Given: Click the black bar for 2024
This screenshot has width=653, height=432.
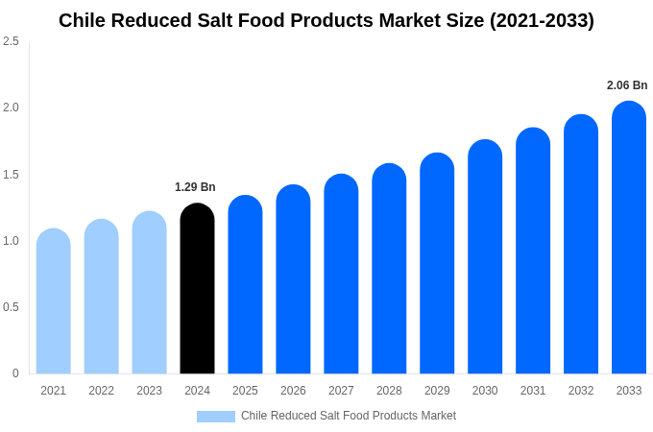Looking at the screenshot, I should click(x=197, y=289).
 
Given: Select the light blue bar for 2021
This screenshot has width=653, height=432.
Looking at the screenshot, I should click(x=54, y=301).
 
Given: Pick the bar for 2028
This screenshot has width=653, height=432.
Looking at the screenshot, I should click(x=389, y=269).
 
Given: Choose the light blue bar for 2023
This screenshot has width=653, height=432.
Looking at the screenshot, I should click(x=149, y=293).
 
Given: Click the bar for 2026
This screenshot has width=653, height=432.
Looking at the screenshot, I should click(x=293, y=279).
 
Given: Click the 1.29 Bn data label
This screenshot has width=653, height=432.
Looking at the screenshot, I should click(x=195, y=187).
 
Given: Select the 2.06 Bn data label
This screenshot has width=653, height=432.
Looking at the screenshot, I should click(x=627, y=85).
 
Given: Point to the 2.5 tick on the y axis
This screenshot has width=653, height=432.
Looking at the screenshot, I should click(x=11, y=41).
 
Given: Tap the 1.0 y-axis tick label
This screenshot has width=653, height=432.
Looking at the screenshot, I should click(x=11, y=241).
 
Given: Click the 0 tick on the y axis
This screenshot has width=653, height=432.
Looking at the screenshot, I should click(x=15, y=373).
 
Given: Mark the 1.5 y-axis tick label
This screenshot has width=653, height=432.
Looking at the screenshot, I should click(x=11, y=175).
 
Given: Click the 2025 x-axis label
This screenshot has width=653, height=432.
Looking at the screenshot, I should click(x=245, y=391).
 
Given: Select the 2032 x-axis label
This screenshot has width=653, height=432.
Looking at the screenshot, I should click(x=581, y=391).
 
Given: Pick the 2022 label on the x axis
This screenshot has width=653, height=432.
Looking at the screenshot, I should click(x=101, y=391).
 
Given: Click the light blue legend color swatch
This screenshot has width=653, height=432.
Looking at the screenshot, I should click(x=215, y=416).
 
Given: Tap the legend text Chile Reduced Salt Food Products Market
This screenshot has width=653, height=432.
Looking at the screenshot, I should click(x=349, y=416).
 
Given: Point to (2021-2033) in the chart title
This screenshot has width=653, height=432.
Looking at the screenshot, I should click(x=542, y=20).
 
